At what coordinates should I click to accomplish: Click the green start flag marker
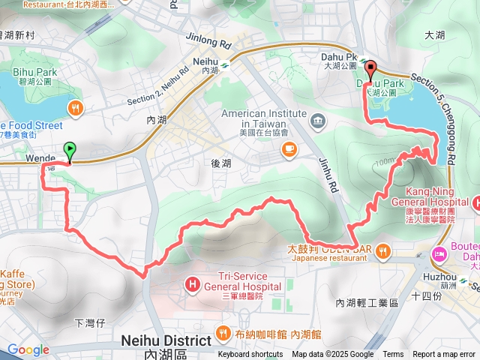tap(70, 151)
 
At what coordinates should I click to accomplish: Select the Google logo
tap(28, 349)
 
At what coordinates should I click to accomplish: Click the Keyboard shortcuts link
tap(250, 355)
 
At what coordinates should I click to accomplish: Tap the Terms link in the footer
tap(393, 355)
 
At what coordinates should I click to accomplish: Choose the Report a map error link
tap(444, 355)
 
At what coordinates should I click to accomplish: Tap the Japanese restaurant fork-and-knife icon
tap(384, 250)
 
